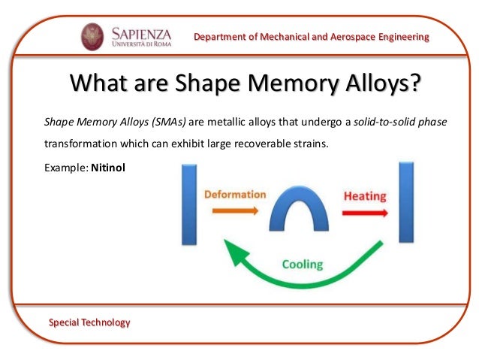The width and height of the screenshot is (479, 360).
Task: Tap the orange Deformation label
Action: (x=235, y=194)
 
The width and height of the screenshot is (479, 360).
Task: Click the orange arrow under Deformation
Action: (x=234, y=212)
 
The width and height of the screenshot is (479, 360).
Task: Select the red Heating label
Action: (x=365, y=196)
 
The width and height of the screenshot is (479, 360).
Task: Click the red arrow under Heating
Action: (x=365, y=213)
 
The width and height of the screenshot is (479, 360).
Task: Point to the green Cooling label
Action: (x=303, y=264)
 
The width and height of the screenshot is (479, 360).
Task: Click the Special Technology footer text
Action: (x=89, y=322)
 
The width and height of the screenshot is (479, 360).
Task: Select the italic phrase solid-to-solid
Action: (x=389, y=120)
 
